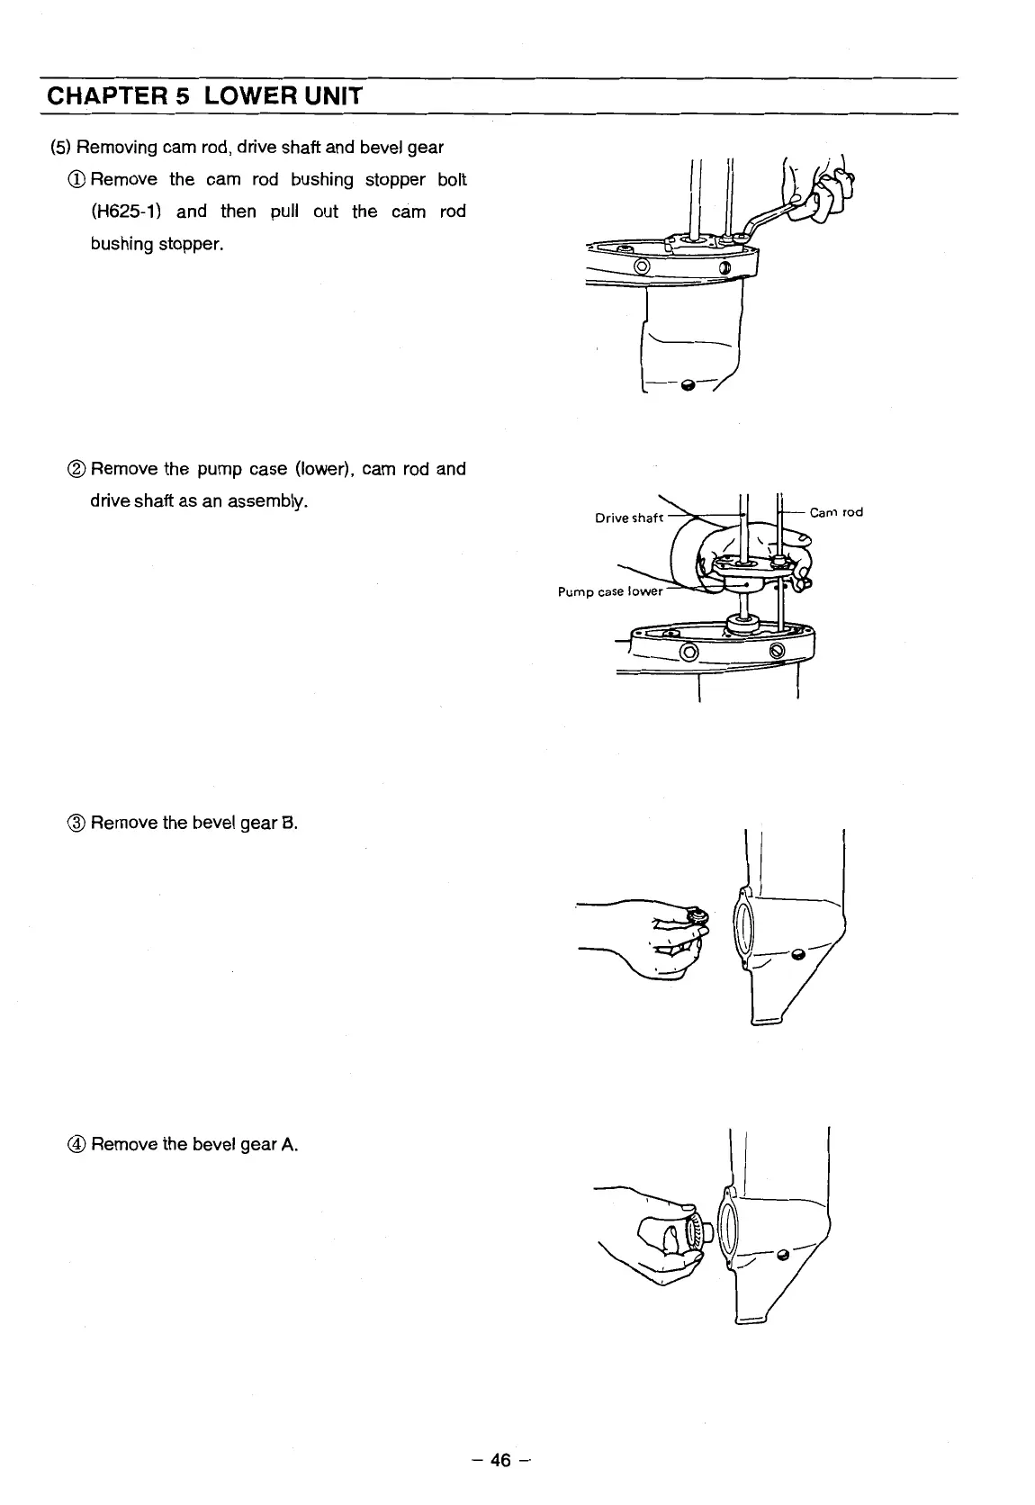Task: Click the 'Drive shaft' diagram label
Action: pyautogui.click(x=629, y=518)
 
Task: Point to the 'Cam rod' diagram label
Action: pyautogui.click(x=836, y=512)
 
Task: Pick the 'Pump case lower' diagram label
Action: pyautogui.click(x=610, y=591)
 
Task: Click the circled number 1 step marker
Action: pyautogui.click(x=76, y=179)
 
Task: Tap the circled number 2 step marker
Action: pyautogui.click(x=76, y=469)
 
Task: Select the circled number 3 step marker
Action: pyautogui.click(x=76, y=823)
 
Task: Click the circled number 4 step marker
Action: pyautogui.click(x=76, y=1145)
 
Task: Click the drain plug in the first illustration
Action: pyautogui.click(x=689, y=385)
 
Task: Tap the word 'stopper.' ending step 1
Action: pyautogui.click(x=190, y=244)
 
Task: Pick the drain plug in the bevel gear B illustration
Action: pyautogui.click(x=797, y=954)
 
